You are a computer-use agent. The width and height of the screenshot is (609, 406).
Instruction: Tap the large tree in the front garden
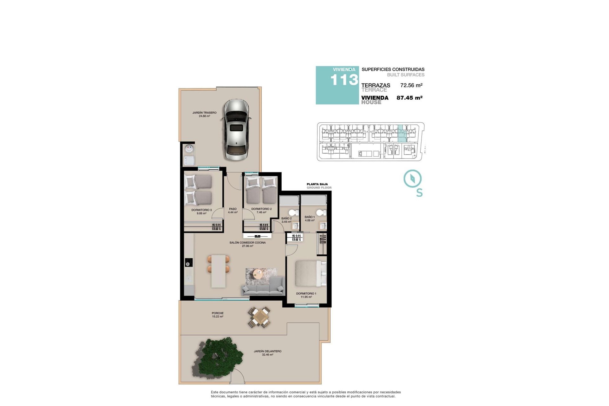pos(219,357)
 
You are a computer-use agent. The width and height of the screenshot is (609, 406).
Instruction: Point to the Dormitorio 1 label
pos(306,294)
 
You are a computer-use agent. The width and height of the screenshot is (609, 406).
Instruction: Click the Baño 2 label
pos(286,219)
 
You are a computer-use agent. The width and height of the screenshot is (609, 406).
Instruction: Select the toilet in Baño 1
pos(321,213)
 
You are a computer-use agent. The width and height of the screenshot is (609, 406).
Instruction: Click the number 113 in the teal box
pos(344,80)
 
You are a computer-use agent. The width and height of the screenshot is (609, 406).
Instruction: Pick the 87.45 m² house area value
pos(409,98)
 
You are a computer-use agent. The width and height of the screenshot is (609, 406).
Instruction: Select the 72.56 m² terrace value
pos(411,85)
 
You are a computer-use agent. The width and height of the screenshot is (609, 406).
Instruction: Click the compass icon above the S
pos(412,179)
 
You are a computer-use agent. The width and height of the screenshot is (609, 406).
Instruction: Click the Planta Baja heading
pos(317,184)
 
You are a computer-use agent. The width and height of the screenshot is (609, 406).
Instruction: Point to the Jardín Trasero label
pos(204,113)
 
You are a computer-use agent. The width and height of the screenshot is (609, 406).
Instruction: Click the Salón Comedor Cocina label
pos(247,243)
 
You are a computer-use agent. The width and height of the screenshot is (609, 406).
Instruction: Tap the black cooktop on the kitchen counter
pos(189,262)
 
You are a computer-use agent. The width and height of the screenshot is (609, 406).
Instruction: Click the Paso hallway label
pos(232,209)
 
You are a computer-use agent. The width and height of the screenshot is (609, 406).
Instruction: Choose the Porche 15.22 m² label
pos(218,315)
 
